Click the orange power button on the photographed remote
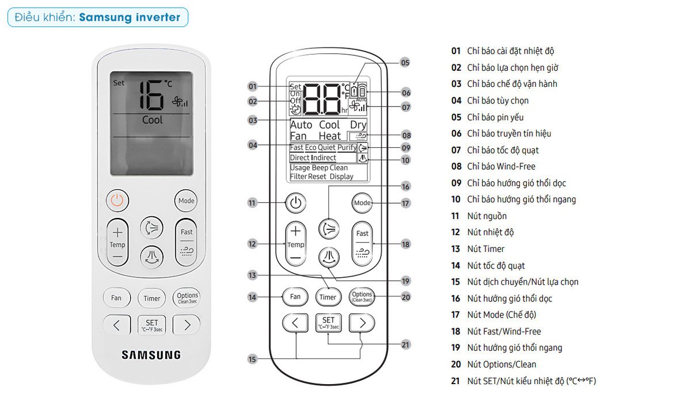(117, 201)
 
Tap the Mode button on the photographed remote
(186, 201)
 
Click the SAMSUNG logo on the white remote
(151, 355)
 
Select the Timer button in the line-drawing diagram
(328, 297)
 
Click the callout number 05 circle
(405, 63)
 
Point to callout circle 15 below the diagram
(252, 359)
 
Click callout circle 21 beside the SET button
(405, 344)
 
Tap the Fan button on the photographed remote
(116, 298)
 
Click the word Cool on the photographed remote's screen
(152, 120)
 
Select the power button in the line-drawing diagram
(295, 203)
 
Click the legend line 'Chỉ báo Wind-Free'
(493, 166)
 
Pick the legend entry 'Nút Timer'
(478, 248)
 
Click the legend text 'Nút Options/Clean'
(493, 364)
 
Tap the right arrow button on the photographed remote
(187, 325)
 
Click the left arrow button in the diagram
(295, 323)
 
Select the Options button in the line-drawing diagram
(362, 297)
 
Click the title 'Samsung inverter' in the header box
(130, 17)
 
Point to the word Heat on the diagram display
(329, 136)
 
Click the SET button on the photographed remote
(152, 325)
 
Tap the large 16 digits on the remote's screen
(151, 95)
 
